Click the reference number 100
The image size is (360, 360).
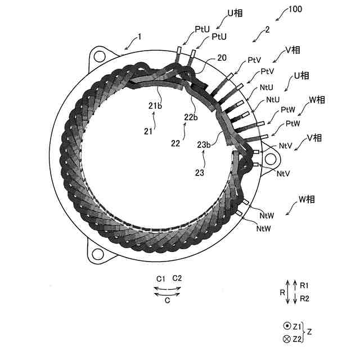pyautogui.click(x=295, y=10)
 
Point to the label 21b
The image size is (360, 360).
pyautogui.click(x=156, y=106)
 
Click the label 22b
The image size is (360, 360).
pyautogui.click(x=191, y=117)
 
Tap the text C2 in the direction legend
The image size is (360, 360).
pyautogui.click(x=177, y=278)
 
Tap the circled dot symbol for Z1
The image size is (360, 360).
pyautogui.click(x=286, y=326)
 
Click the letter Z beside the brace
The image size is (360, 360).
pyautogui.click(x=309, y=332)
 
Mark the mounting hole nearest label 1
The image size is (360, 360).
pyautogui.click(x=100, y=56)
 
